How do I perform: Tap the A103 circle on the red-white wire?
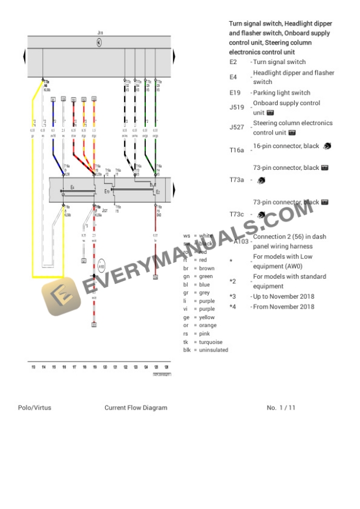tap(102, 266)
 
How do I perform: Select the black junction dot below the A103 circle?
tap(94, 275)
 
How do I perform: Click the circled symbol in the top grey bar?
tap(99, 42)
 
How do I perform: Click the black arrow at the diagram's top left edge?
tap(25, 57)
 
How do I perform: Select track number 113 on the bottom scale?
tap(34, 367)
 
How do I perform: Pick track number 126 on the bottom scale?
tap(166, 367)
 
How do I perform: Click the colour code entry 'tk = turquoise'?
tap(203, 342)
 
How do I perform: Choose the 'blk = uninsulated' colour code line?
tap(205, 350)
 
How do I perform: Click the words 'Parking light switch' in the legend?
tap(281, 93)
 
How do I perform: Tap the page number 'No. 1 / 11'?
tap(281, 407)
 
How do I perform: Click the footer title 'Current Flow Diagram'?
tap(136, 407)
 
